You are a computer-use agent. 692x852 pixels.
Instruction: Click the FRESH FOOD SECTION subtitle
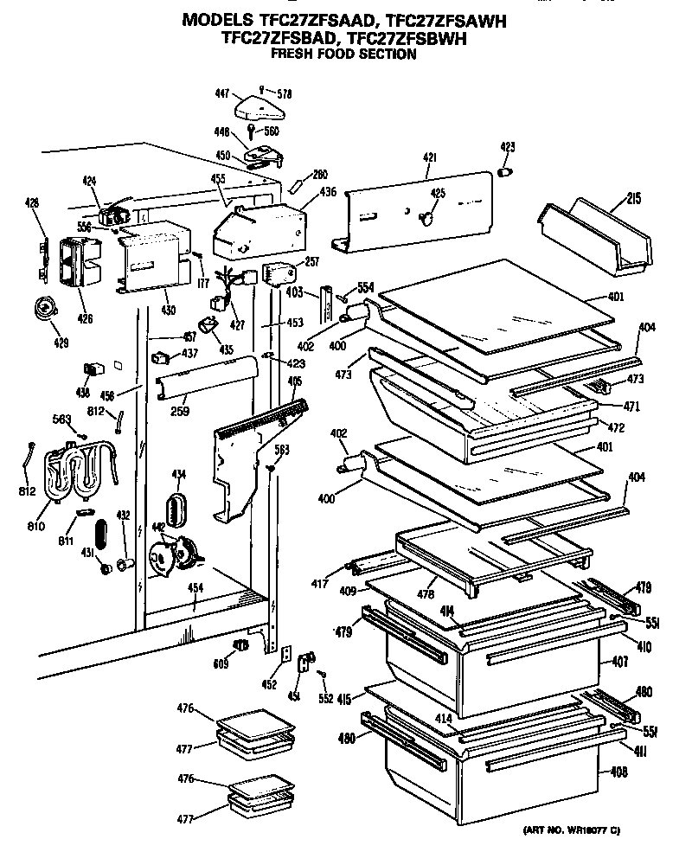(343, 54)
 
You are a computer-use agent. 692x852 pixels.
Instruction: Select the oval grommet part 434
(176, 509)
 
